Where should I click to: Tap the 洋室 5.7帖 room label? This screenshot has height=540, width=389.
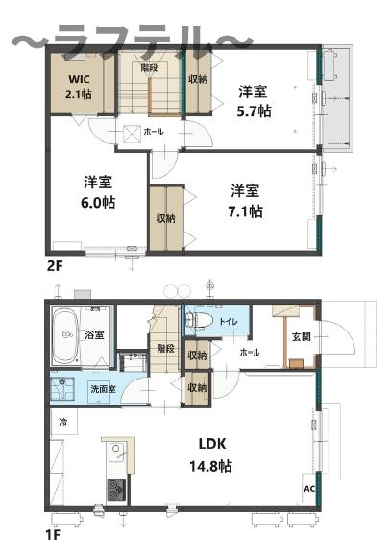click(x=255, y=102)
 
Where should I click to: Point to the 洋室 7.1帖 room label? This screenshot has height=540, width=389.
click(x=246, y=201)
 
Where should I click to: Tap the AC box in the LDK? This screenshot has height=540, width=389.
click(x=309, y=488)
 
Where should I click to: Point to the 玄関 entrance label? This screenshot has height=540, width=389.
click(x=301, y=336)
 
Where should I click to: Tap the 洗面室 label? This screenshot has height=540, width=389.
click(x=103, y=390)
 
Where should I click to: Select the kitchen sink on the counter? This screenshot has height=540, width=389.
click(x=116, y=452)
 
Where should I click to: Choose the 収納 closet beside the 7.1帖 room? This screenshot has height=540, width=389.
click(x=165, y=218)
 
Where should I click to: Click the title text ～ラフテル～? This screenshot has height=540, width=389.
click(x=133, y=40)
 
